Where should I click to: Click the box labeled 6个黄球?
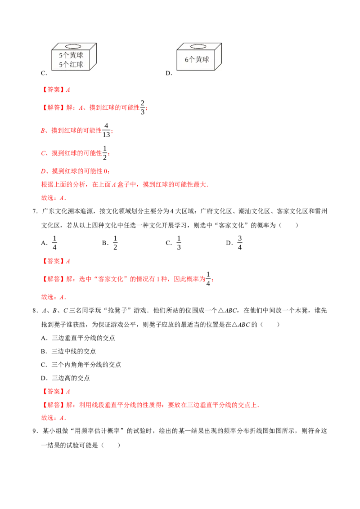click(x=199, y=57)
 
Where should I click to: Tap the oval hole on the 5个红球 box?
click(x=73, y=47)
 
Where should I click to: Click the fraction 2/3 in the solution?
click(x=142, y=107)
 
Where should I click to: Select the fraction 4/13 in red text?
click(x=106, y=130)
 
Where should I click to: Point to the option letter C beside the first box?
click(x=44, y=73)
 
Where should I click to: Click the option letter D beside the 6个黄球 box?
click(x=169, y=73)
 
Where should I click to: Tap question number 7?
click(x=36, y=211)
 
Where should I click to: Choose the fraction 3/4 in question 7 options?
click(x=240, y=242)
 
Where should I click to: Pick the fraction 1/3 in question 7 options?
click(x=179, y=242)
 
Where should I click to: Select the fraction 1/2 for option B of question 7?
click(x=115, y=242)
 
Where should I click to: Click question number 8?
click(x=36, y=311)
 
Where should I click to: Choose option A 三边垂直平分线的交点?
click(x=78, y=338)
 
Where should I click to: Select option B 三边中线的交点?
click(x=68, y=351)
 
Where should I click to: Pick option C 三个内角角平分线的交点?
click(x=81, y=365)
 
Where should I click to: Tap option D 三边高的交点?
click(x=65, y=378)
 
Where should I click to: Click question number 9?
click(x=36, y=431)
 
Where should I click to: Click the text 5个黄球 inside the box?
click(x=71, y=55)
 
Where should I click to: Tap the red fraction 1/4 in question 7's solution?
click(x=208, y=279)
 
